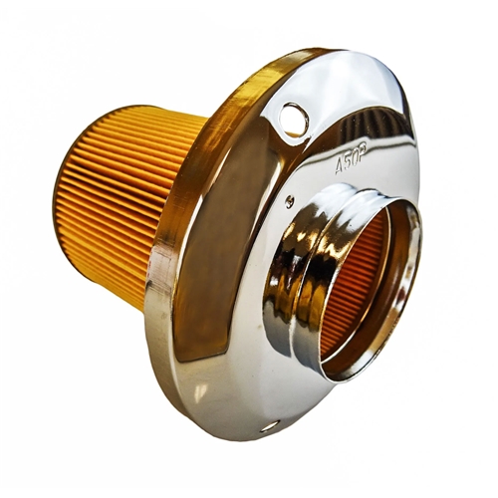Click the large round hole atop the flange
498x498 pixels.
(294, 120)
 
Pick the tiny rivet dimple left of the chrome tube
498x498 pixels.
(289, 200)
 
